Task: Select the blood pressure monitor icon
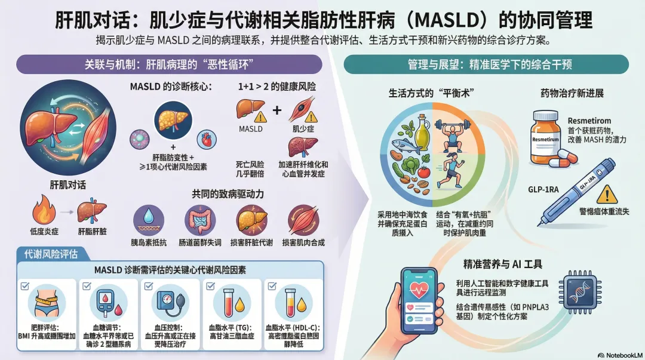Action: click(x=170, y=303)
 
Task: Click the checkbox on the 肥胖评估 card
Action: click(x=25, y=285)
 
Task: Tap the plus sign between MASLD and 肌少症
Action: click(x=277, y=110)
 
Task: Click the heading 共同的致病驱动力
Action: click(x=228, y=194)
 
